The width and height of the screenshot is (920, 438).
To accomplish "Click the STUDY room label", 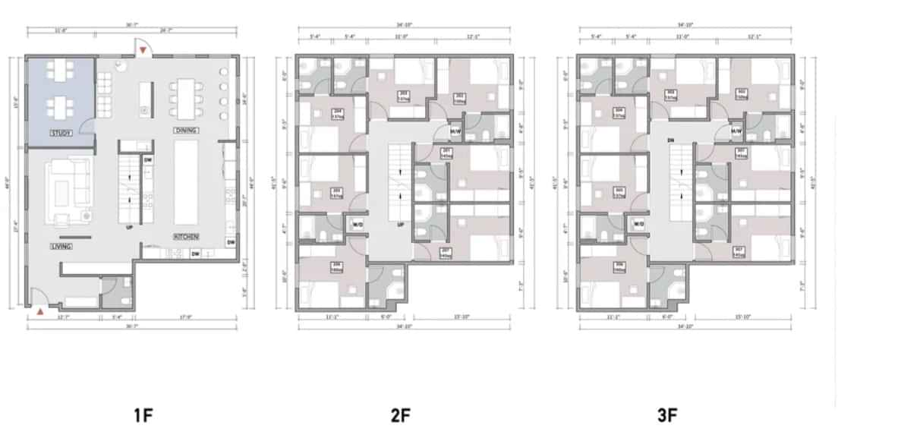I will tap(61, 133).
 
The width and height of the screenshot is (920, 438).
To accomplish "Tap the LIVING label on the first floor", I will tap(61, 247).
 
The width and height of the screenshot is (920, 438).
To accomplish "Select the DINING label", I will tap(186, 131).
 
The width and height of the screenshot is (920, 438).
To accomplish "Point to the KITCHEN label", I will tap(186, 237).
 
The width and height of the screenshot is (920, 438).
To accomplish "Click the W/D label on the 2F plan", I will tap(357, 225).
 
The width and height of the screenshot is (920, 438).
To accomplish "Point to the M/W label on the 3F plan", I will tap(736, 131).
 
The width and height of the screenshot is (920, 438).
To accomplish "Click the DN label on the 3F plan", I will tap(670, 140).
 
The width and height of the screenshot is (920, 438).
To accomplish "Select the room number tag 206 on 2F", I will tap(336, 266).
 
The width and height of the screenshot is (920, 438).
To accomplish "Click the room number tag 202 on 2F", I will tap(460, 96).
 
